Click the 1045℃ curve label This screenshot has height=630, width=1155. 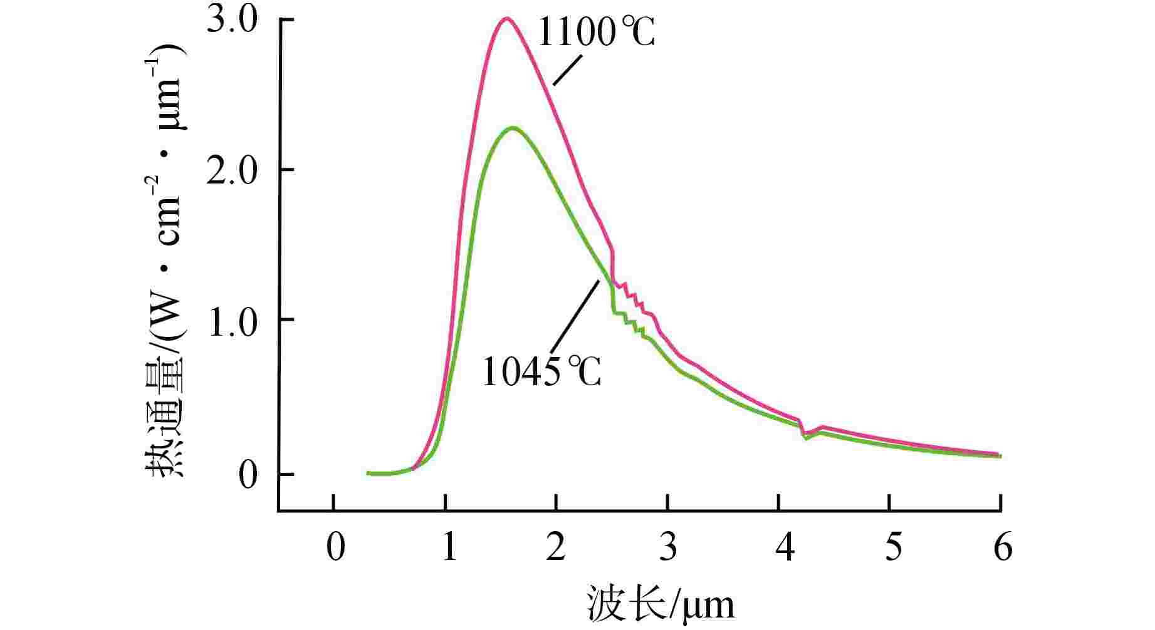pyautogui.click(x=541, y=372)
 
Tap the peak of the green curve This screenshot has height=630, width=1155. pyautogui.click(x=513, y=128)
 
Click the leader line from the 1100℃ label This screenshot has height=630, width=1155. pyautogui.click(x=568, y=70)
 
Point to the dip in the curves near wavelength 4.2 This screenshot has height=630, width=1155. pyautogui.click(x=806, y=435)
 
